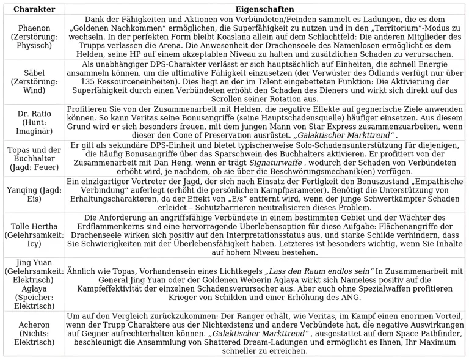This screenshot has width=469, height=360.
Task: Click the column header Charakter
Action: [x=34, y=9]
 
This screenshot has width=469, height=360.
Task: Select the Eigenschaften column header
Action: [x=264, y=9]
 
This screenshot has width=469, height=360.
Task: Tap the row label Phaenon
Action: [x=34, y=28]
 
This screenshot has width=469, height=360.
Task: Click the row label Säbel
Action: [x=34, y=72]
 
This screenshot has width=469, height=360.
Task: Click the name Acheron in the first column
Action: [x=34, y=324]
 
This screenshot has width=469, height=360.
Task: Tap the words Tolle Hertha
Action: [x=34, y=226]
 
